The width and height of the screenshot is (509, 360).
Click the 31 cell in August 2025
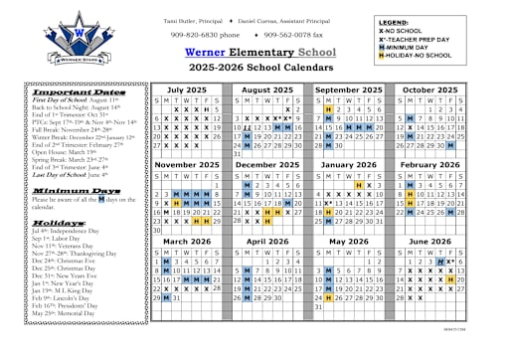point(237,154)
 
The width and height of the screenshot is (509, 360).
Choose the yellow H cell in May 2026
point(330,297)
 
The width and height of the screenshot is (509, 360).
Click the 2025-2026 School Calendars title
point(239,69)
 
